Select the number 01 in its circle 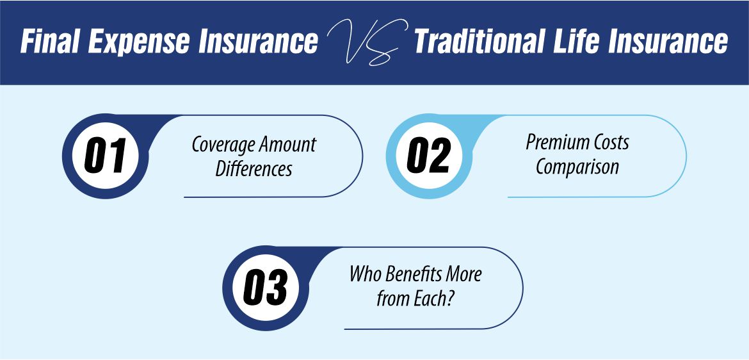105,156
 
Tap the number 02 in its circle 428,156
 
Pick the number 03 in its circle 265,288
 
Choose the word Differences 254,168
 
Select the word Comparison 577,167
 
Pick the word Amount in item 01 289,144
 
